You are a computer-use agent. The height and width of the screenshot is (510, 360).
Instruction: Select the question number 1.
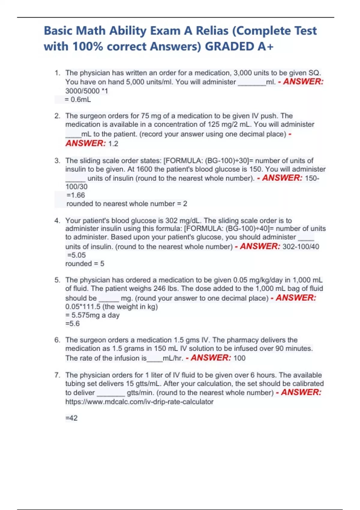[57, 73]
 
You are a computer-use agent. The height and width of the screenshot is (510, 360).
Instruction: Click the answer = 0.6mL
[78, 100]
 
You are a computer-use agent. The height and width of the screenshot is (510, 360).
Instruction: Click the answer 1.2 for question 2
[113, 144]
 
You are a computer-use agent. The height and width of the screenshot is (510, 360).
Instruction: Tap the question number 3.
[57, 161]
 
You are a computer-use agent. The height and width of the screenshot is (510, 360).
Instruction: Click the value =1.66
[76, 195]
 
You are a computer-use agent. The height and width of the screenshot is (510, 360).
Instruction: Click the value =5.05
[76, 255]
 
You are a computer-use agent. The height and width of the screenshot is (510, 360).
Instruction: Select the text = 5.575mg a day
[92, 315]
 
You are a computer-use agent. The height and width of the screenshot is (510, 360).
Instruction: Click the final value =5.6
[73, 324]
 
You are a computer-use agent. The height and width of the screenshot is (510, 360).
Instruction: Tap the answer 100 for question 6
[239, 358]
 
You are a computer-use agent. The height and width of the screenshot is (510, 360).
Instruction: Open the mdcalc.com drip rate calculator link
[139, 402]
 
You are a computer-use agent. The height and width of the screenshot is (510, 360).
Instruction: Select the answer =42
[71, 418]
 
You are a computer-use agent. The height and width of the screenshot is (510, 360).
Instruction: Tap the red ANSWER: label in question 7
[301, 392]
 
